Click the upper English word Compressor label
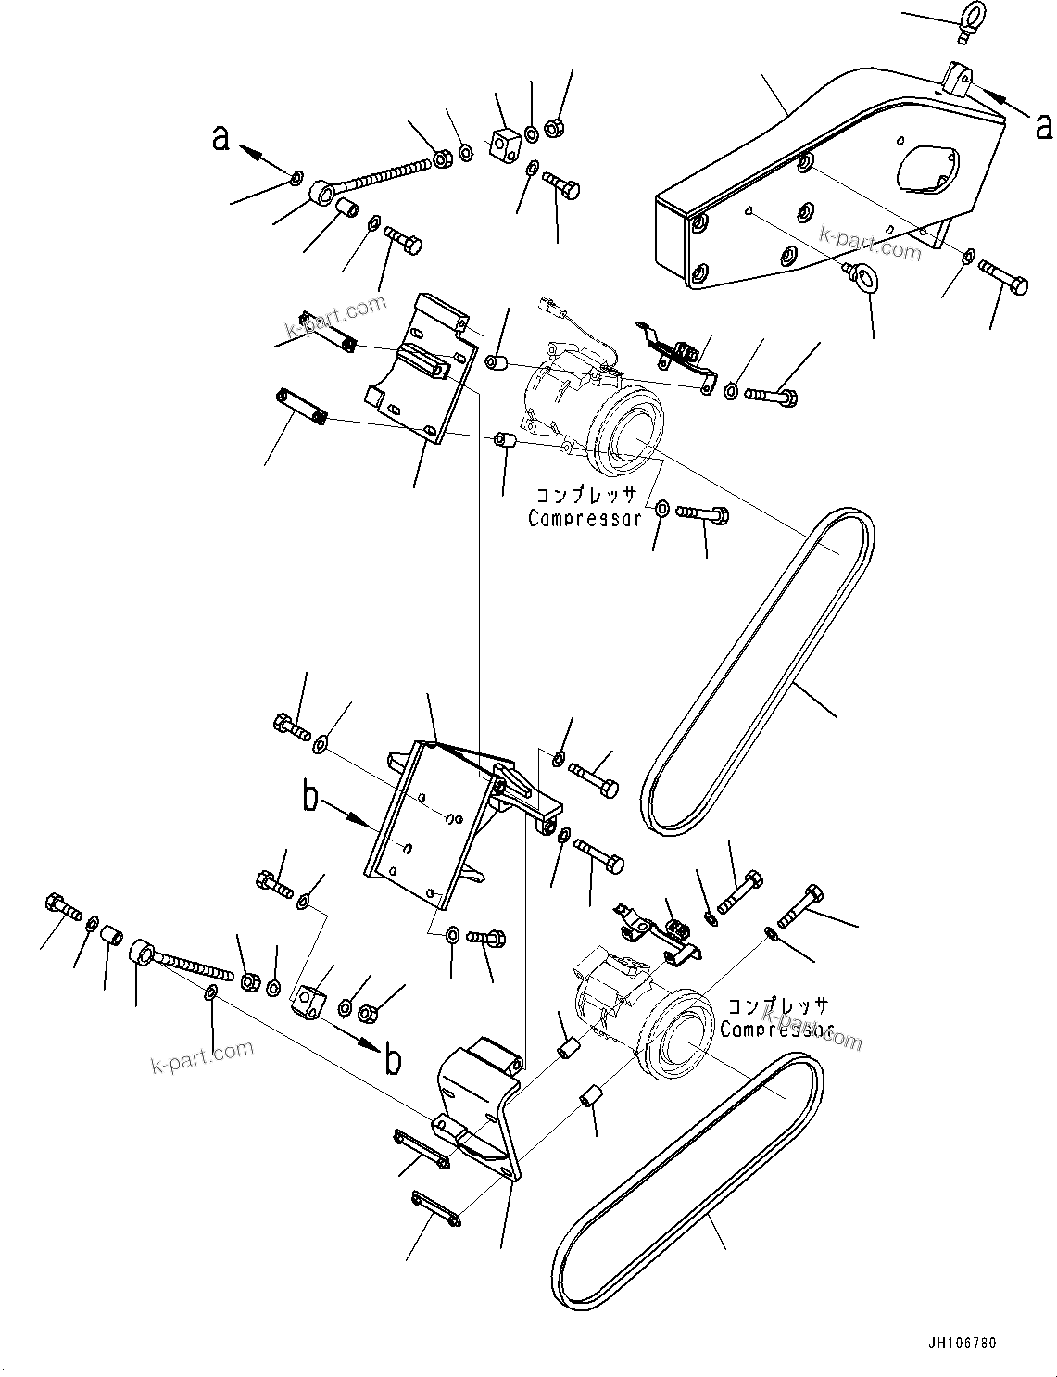coord(585,519)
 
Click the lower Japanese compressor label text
coord(778,1006)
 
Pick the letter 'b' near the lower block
coord(393,1059)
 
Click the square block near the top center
coord(504,143)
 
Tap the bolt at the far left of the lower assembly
coord(57,903)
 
